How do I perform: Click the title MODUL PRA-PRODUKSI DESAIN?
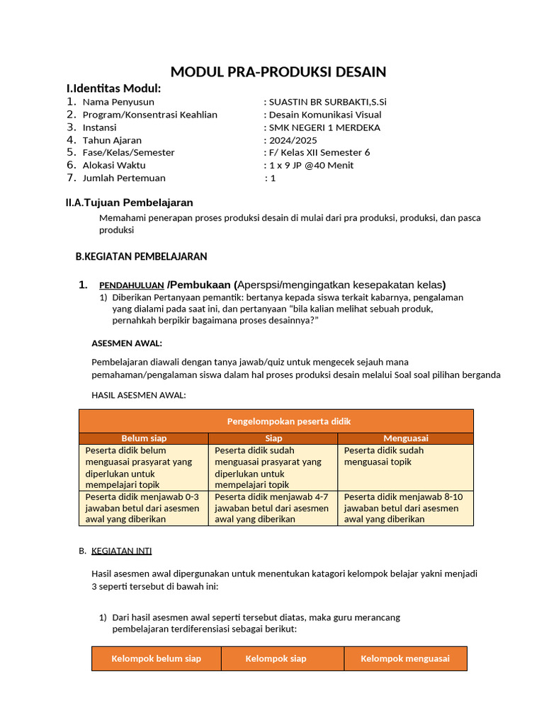pos(278,72)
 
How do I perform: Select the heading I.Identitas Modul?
pos(113,89)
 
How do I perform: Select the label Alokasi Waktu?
pos(114,165)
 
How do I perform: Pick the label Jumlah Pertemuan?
pos(124,178)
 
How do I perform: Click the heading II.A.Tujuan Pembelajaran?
pos(129,202)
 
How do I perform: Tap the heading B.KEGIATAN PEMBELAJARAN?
pos(141,256)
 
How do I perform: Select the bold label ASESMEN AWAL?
pos(127,343)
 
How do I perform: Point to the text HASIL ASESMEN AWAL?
pos(139,395)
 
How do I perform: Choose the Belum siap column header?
pos(144,438)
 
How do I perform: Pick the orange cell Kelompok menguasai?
pos(405,658)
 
